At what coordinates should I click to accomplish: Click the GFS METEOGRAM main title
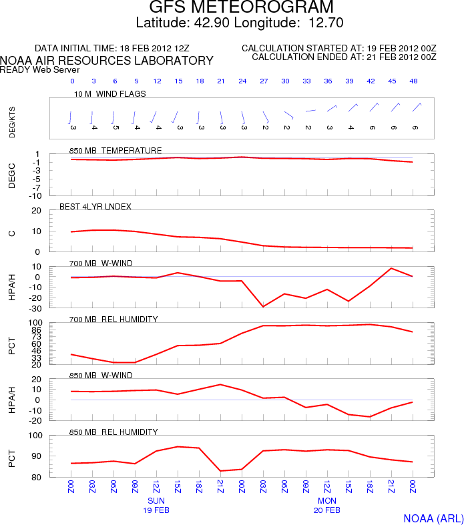tap(241, 8)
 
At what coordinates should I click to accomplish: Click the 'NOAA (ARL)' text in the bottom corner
tap(433, 518)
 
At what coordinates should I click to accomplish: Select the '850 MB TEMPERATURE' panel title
tap(115, 150)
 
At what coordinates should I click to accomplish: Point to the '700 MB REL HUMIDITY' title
tap(113, 319)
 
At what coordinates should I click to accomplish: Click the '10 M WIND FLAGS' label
tap(110, 94)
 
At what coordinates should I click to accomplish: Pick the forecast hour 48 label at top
tap(415, 81)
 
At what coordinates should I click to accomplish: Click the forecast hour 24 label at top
tap(242, 81)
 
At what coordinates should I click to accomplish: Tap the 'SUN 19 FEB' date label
tap(156, 504)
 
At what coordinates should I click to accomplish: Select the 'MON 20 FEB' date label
tap(327, 504)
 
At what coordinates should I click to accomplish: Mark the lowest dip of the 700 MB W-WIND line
tap(264, 306)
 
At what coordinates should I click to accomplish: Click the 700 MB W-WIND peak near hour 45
tap(392, 268)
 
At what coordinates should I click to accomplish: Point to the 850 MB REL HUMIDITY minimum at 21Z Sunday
tap(221, 471)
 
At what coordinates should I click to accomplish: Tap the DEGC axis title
tap(12, 175)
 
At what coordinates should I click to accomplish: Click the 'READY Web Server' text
tap(40, 69)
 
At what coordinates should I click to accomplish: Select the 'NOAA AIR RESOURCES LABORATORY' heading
tap(107, 61)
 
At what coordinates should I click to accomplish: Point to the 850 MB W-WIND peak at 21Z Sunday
tap(221, 384)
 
